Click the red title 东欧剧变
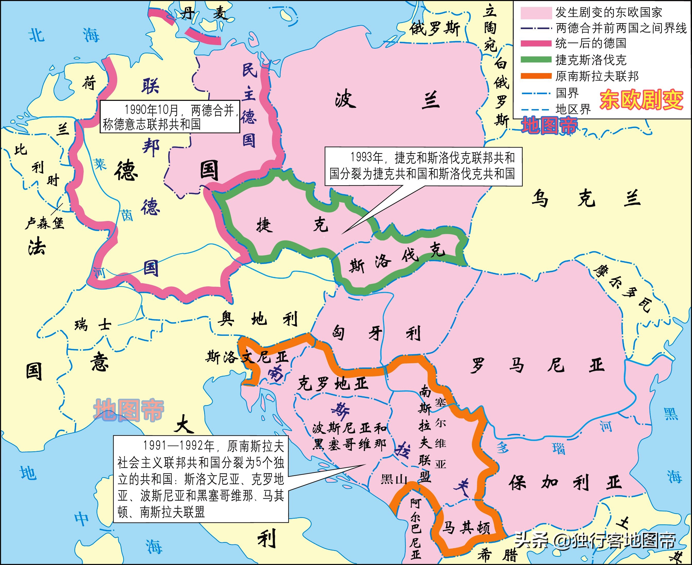click(x=641, y=100)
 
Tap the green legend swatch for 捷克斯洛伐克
click(x=536, y=59)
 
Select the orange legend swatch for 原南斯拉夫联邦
click(x=536, y=76)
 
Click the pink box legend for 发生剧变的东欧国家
click(x=536, y=13)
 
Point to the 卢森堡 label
click(x=44, y=223)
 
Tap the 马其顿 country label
click(x=466, y=527)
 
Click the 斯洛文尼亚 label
click(x=247, y=357)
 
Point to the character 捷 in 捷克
click(x=264, y=225)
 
